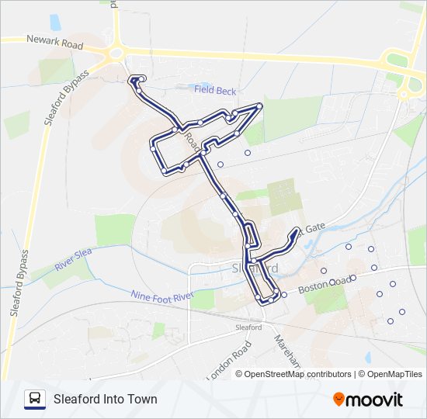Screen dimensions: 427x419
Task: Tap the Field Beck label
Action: (215, 91)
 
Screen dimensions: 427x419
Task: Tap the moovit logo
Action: (368, 400)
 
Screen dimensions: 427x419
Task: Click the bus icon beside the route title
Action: (35, 399)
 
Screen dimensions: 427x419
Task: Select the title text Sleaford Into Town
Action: (105, 400)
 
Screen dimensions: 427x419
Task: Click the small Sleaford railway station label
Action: (248, 327)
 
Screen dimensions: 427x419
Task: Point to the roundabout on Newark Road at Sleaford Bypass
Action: (116, 54)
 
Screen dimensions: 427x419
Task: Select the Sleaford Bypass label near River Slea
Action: (19, 284)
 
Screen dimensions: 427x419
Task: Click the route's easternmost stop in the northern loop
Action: (259, 106)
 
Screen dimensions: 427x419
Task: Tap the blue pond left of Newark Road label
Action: (55, 23)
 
